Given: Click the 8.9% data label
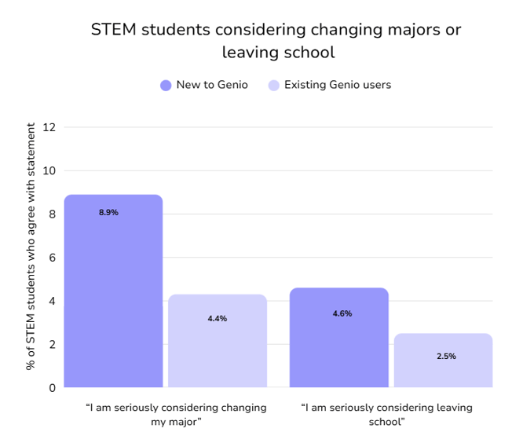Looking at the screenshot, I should [108, 212].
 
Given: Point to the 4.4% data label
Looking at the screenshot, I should [218, 318].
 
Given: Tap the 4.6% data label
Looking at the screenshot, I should [342, 313].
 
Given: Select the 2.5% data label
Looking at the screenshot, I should [446, 356].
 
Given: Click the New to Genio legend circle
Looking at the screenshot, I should [166, 85].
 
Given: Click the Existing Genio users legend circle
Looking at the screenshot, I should [273, 85].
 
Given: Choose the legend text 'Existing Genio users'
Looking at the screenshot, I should [338, 85].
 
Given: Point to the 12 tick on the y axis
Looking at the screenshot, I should [50, 127].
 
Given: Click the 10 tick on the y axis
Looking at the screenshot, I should [50, 170].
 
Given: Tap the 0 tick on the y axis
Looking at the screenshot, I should [53, 387].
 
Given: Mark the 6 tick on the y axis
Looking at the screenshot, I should [53, 258].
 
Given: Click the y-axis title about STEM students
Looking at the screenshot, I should [31, 246].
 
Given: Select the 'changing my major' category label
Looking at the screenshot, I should [176, 415].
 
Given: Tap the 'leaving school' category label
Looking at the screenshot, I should [386, 415].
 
